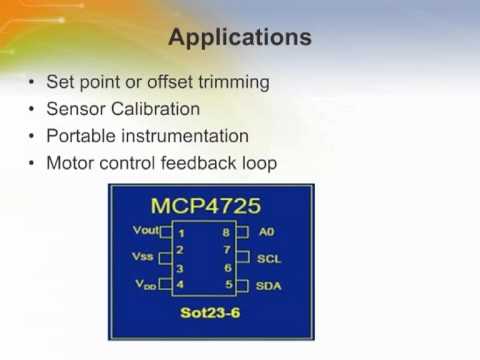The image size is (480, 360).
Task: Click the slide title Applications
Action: [239, 38]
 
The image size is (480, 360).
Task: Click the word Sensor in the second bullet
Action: [74, 108]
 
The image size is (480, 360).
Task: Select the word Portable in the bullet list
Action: [80, 135]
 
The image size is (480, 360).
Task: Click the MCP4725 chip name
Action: [206, 206]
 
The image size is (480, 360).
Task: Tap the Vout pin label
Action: [146, 231]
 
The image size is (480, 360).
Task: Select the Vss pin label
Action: [143, 257]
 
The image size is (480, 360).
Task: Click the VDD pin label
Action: [145, 285]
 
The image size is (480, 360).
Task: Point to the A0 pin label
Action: [266, 231]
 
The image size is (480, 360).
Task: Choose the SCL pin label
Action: [269, 258]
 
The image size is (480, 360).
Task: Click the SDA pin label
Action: [269, 286]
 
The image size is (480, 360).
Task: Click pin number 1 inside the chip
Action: [181, 232]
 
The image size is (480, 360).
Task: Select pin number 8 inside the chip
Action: [228, 232]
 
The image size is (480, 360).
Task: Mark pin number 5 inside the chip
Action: [228, 285]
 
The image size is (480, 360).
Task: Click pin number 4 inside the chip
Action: [181, 285]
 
